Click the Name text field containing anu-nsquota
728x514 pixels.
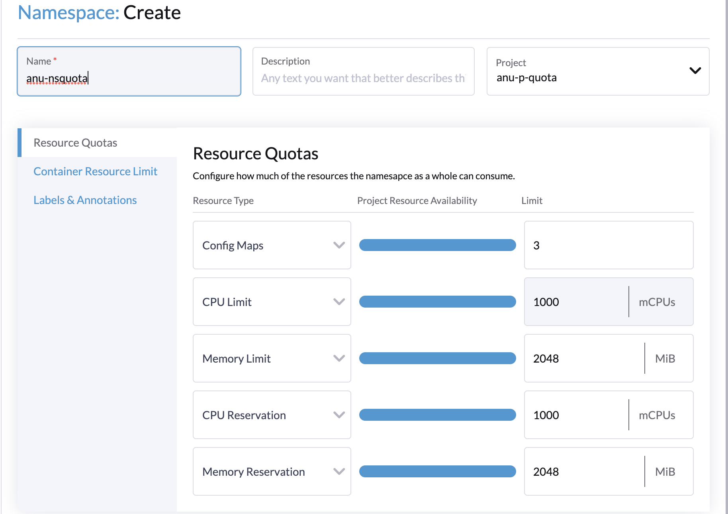coord(128,78)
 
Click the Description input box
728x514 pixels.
coord(363,78)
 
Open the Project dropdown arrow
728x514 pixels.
coord(695,71)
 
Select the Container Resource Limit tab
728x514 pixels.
coord(95,171)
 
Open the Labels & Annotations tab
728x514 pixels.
coord(85,200)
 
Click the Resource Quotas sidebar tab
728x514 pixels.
coord(75,143)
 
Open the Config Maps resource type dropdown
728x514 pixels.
coord(272,245)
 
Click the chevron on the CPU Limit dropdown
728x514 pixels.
coord(339,302)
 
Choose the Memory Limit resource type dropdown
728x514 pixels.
coord(272,359)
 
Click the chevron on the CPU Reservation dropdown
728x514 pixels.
coord(339,415)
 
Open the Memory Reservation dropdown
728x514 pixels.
coord(272,472)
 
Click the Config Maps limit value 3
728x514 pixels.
coord(536,245)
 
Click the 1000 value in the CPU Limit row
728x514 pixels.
coord(546,302)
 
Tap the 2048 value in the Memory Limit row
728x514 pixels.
coord(546,359)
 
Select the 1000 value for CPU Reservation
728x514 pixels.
coord(546,415)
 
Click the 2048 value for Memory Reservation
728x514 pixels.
coord(546,472)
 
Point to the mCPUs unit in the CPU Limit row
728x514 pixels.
coord(657,302)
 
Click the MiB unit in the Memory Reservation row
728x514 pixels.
coord(665,472)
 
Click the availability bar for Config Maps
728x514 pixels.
coord(437,245)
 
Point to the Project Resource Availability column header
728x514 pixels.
coord(417,200)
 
